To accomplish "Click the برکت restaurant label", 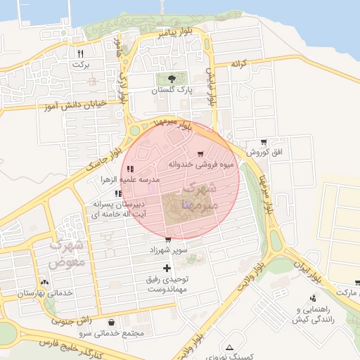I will coord(82,65).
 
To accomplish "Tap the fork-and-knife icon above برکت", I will coord(82,53).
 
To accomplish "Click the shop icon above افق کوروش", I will coord(264,142).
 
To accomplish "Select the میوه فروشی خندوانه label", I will coord(198,164).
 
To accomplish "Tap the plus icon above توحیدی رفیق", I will coord(167,268).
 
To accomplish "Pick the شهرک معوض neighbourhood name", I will coord(67,253).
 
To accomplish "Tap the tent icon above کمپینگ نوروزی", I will coord(229,347).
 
